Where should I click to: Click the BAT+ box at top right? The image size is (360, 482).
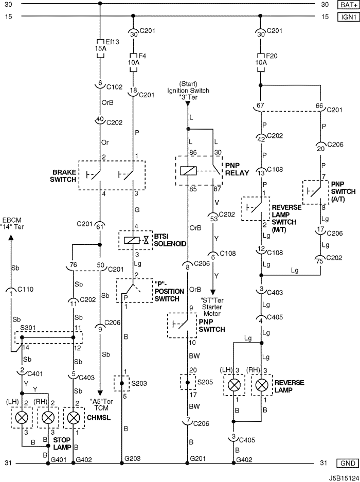coord(348,5)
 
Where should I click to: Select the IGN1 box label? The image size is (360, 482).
coord(348,17)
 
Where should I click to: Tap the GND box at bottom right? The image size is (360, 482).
coord(348,463)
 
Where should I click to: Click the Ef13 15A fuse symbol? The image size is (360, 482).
coord(100,48)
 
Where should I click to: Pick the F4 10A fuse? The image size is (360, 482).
coord(133,63)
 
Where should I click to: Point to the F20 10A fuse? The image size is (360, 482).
coord(260,63)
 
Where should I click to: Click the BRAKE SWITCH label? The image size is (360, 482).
coord(63,176)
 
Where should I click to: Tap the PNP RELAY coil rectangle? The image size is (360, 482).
coord(188,171)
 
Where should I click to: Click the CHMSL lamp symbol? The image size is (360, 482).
coord(73,418)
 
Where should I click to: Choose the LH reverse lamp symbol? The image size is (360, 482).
coord(234,385)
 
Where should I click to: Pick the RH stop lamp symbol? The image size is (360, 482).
coord(48,418)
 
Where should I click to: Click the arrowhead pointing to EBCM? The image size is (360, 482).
coord(11,237)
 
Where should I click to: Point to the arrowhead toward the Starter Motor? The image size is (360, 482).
coord(212,292)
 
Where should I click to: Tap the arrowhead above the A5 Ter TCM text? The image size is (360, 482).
coord(100,393)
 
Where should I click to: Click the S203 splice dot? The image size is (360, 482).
coord(122,383)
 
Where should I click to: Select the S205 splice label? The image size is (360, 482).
coord(205,382)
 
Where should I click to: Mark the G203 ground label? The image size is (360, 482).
coord(133,459)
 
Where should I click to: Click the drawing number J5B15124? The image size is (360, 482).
coord(344,478)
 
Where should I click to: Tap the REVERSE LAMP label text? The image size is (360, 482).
coord(290,386)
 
